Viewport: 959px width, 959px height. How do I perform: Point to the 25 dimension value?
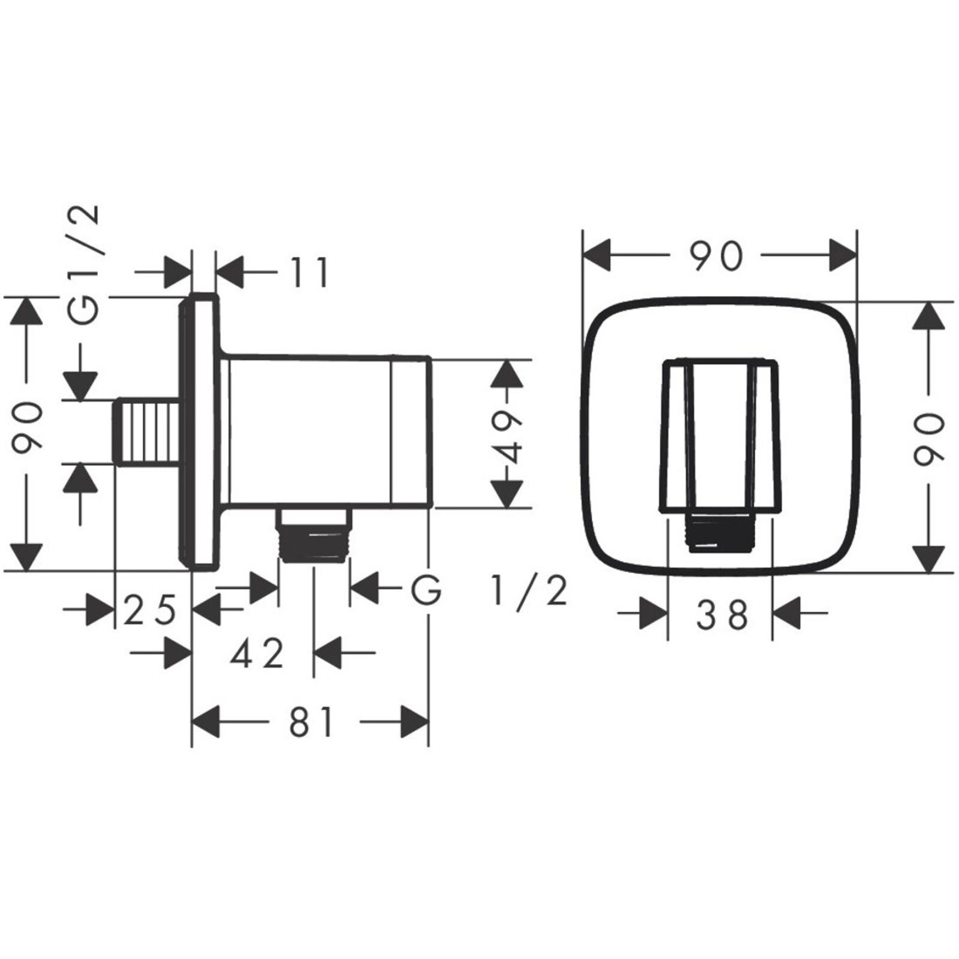point(150,610)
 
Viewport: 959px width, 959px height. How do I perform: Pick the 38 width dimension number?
point(722,614)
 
